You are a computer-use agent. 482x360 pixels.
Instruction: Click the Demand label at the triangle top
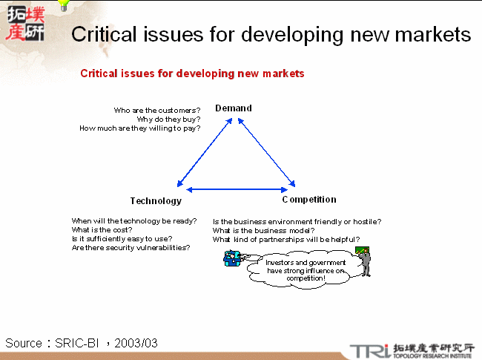(x=234, y=108)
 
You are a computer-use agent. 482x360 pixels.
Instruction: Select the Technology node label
(x=156, y=201)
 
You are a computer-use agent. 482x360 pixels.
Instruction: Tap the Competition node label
(x=309, y=200)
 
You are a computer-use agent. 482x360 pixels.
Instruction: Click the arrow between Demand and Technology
(x=204, y=153)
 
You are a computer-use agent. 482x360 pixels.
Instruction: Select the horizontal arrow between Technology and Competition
(x=237, y=189)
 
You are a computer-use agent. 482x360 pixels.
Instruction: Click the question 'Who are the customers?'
(x=157, y=111)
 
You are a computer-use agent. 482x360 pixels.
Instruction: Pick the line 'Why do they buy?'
(x=168, y=120)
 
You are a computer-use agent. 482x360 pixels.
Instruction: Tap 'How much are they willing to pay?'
(x=140, y=128)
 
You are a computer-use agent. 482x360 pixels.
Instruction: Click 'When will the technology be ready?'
(x=134, y=221)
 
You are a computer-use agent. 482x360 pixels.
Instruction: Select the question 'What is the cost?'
(x=102, y=230)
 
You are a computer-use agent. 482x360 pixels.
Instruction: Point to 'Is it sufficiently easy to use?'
(x=122, y=239)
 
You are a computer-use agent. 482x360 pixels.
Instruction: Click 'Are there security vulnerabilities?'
(x=131, y=248)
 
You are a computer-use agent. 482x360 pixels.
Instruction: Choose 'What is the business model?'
(x=264, y=230)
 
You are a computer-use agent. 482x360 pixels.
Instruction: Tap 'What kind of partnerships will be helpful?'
(x=286, y=239)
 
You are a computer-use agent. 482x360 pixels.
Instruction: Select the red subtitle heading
(x=192, y=73)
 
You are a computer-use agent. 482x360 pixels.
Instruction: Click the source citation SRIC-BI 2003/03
(x=82, y=343)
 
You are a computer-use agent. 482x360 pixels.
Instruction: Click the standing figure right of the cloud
(x=363, y=263)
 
